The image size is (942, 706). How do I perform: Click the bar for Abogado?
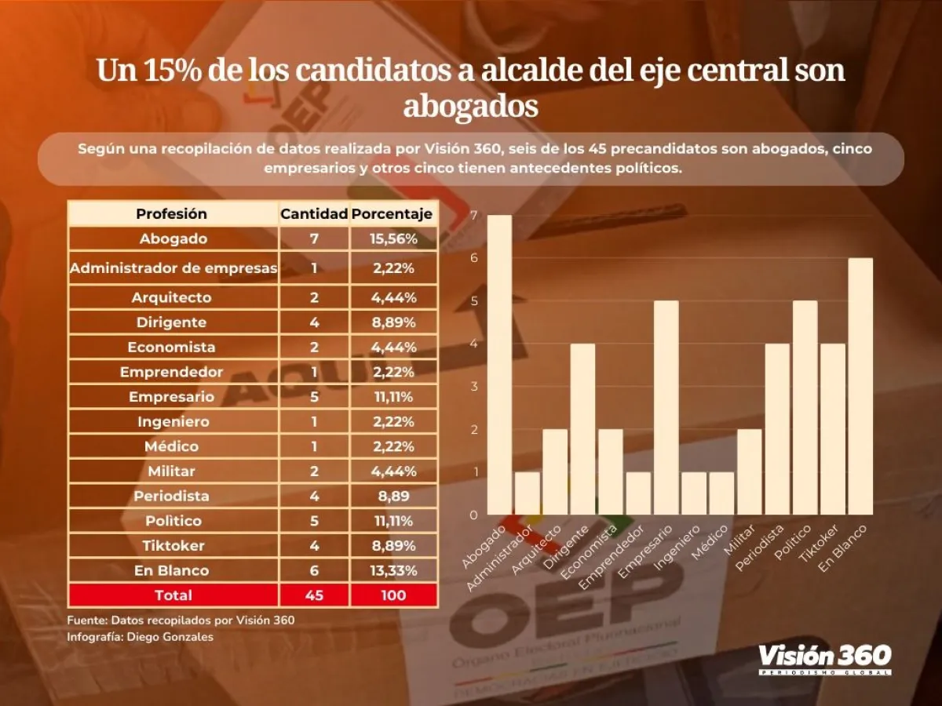click(499, 365)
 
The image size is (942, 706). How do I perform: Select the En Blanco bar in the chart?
click(860, 386)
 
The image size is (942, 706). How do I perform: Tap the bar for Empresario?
click(666, 408)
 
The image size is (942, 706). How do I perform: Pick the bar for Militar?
click(749, 472)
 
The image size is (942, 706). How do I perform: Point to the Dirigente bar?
click(582, 429)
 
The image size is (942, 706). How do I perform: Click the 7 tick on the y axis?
click(473, 215)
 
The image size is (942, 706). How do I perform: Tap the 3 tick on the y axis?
click(473, 386)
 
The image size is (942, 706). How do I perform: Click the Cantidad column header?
click(314, 213)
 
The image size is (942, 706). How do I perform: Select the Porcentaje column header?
click(392, 213)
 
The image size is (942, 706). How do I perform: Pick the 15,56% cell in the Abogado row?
click(392, 238)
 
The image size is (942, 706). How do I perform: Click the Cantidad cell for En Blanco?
click(314, 570)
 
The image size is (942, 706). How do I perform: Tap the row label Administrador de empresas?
click(173, 268)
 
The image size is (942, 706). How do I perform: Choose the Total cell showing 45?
click(314, 595)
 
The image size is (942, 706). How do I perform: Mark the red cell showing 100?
click(392, 595)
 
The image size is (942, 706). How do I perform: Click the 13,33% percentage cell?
click(392, 570)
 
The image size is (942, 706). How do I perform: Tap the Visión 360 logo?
click(824, 658)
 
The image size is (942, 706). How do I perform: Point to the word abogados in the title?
click(470, 106)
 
